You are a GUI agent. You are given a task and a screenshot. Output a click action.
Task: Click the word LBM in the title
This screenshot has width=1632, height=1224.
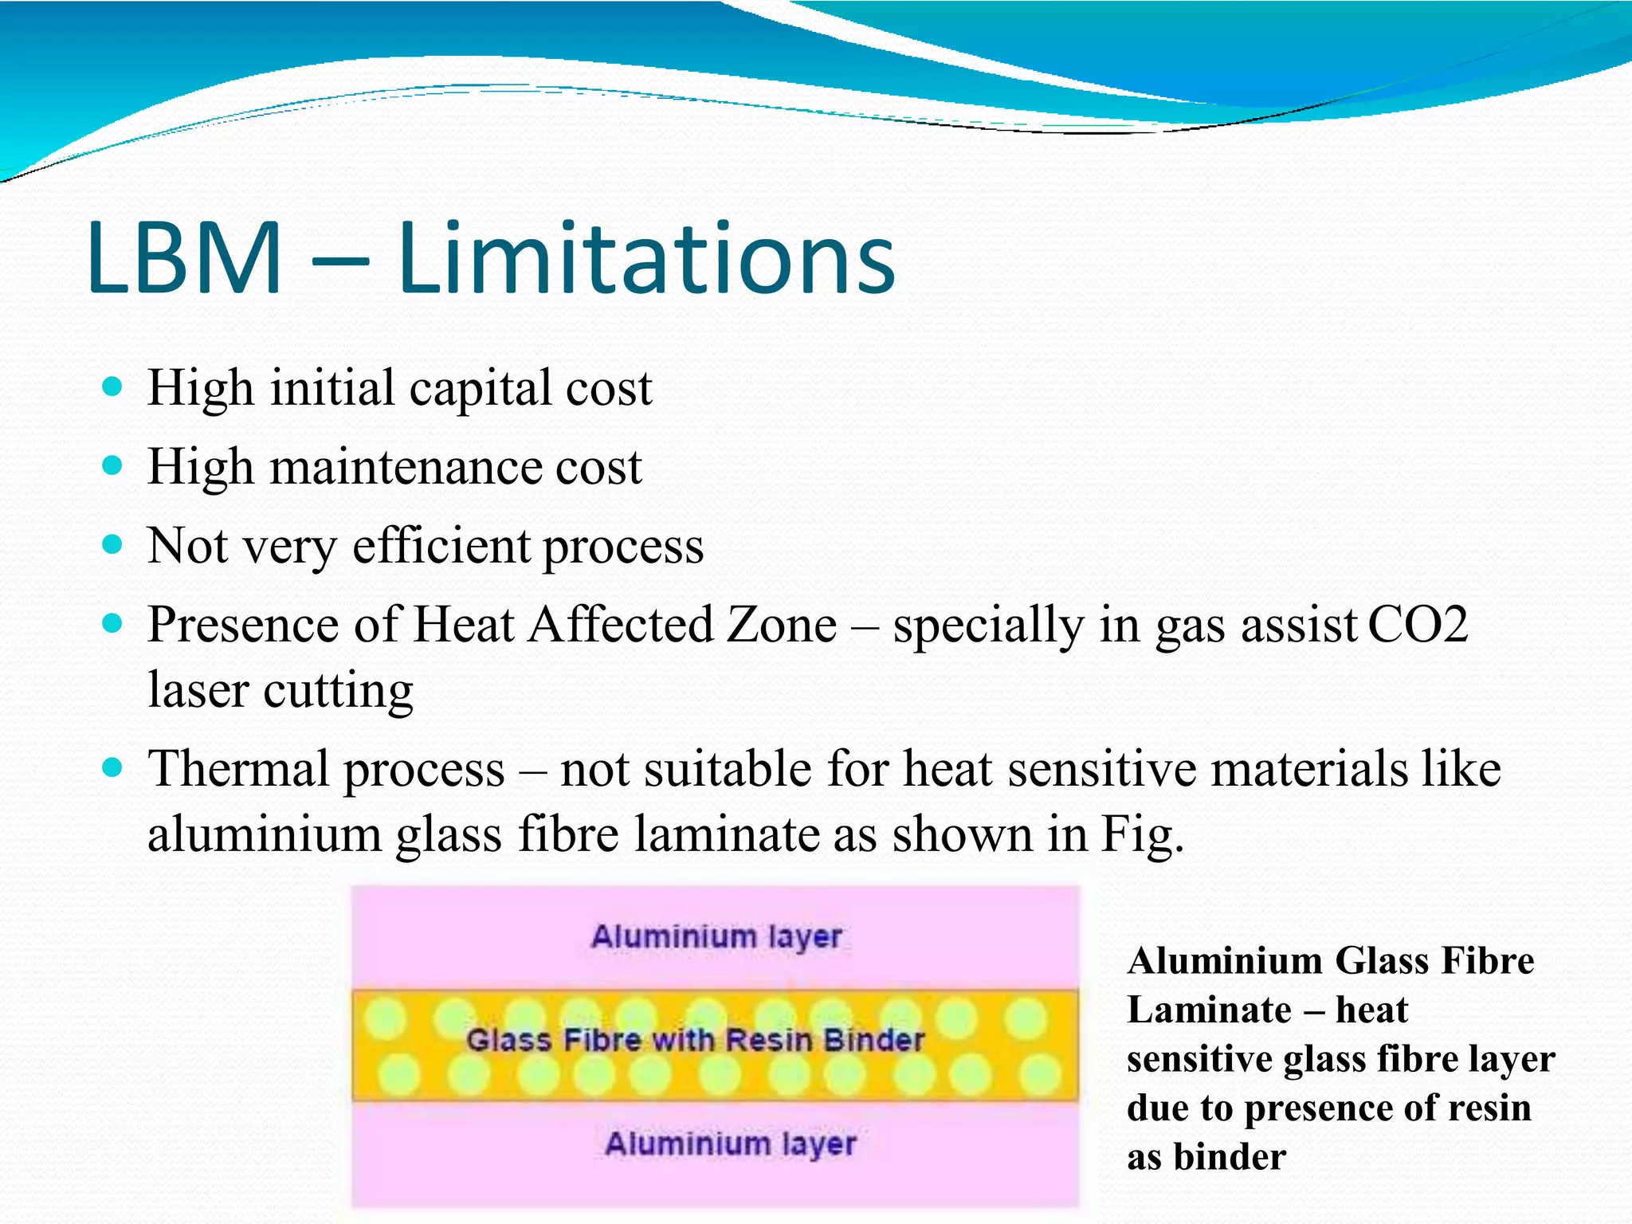[x=185, y=259]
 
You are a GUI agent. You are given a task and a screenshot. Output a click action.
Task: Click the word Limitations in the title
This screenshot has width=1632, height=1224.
[x=646, y=259]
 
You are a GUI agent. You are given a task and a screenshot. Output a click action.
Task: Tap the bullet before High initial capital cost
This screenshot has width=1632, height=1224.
[x=113, y=387]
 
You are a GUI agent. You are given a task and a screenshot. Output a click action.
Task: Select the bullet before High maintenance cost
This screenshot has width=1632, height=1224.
[x=113, y=465]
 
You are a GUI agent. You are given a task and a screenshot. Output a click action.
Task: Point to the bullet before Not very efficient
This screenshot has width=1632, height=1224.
[x=113, y=545]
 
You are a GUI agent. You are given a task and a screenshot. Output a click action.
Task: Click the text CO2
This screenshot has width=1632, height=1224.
[x=1418, y=625]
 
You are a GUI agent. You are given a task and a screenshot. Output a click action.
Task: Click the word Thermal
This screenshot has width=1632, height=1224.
[x=239, y=770]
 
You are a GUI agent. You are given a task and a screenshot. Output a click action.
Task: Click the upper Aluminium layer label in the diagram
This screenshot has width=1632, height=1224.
[x=716, y=937]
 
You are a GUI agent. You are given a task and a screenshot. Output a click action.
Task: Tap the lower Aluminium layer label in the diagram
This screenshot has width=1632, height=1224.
[x=730, y=1144]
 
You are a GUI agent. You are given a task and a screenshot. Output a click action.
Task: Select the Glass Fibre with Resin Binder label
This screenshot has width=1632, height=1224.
[x=695, y=1040]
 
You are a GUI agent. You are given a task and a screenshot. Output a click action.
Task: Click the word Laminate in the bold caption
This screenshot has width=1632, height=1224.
[x=1209, y=1010]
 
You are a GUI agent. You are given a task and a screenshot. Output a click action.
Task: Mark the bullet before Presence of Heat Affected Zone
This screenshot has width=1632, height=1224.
[x=113, y=623]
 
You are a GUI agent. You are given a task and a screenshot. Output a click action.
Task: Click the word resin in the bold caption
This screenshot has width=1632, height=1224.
[x=1489, y=1108]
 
